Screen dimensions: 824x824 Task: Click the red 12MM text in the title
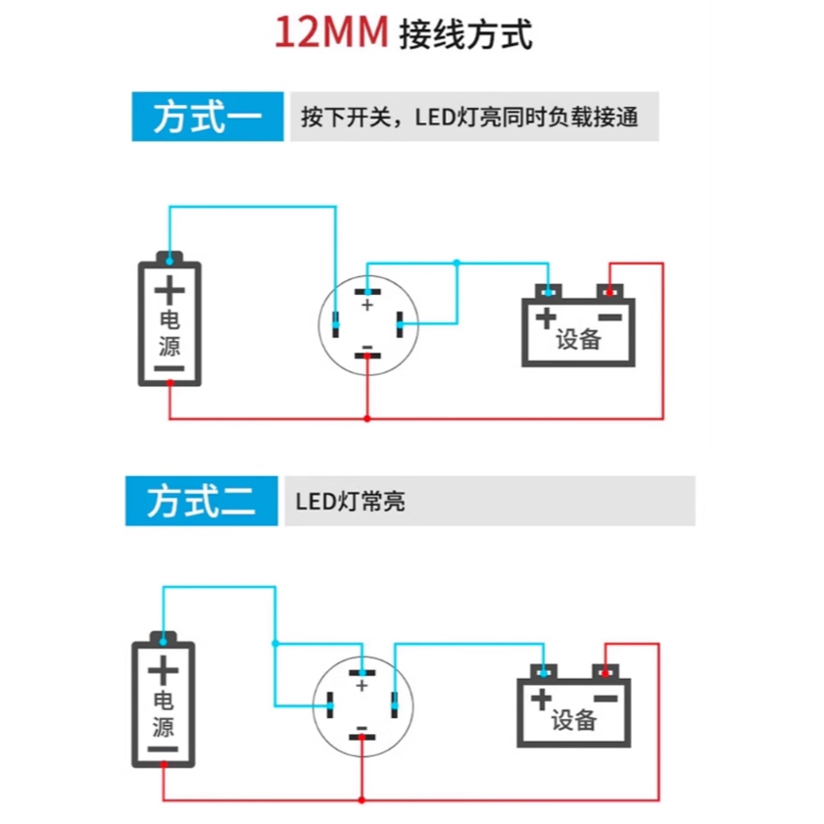(x=331, y=32)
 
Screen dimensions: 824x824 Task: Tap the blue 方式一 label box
(x=208, y=117)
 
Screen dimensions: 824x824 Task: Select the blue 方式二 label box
(x=201, y=501)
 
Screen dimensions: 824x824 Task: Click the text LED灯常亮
(x=350, y=502)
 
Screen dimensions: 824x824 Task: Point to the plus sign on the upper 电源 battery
(x=170, y=291)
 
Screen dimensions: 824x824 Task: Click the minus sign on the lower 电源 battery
(x=163, y=749)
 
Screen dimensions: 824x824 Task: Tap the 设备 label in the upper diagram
(x=579, y=339)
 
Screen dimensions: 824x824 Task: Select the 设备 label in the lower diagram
(x=574, y=719)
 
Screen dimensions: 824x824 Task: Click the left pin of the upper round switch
(x=336, y=324)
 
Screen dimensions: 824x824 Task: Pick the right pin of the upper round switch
(x=400, y=324)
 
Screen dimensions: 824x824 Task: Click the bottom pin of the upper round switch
(x=367, y=356)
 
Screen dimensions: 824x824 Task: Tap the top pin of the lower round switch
(x=363, y=673)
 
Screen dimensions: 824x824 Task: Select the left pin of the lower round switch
(x=330, y=704)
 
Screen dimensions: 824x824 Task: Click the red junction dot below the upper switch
(x=367, y=418)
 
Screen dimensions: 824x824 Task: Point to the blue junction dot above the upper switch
(x=457, y=263)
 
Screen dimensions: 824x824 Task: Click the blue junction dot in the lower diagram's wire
(x=275, y=643)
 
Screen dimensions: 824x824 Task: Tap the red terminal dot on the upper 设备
(x=609, y=292)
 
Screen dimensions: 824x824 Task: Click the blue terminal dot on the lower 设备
(x=544, y=673)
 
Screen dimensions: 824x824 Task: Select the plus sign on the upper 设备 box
(x=546, y=317)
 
